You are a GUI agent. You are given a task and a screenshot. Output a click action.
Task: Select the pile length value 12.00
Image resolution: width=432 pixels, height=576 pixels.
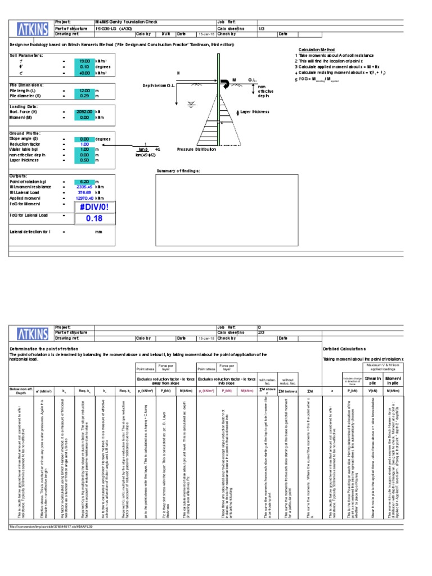point(84,91)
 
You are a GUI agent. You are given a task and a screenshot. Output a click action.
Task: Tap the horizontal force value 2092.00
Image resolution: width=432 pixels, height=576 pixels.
point(84,112)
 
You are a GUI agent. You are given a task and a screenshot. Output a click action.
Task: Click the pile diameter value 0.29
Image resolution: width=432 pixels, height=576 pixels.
point(84,96)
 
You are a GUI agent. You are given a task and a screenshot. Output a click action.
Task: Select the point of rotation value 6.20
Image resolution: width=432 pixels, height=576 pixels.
point(84,182)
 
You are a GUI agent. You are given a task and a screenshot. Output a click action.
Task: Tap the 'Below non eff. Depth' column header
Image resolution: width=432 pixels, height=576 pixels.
point(21,390)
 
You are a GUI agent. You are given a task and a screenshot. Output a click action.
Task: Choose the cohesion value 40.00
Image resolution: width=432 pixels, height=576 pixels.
point(84,73)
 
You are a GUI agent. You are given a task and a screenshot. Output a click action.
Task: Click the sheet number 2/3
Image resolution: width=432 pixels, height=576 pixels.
point(260,332)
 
